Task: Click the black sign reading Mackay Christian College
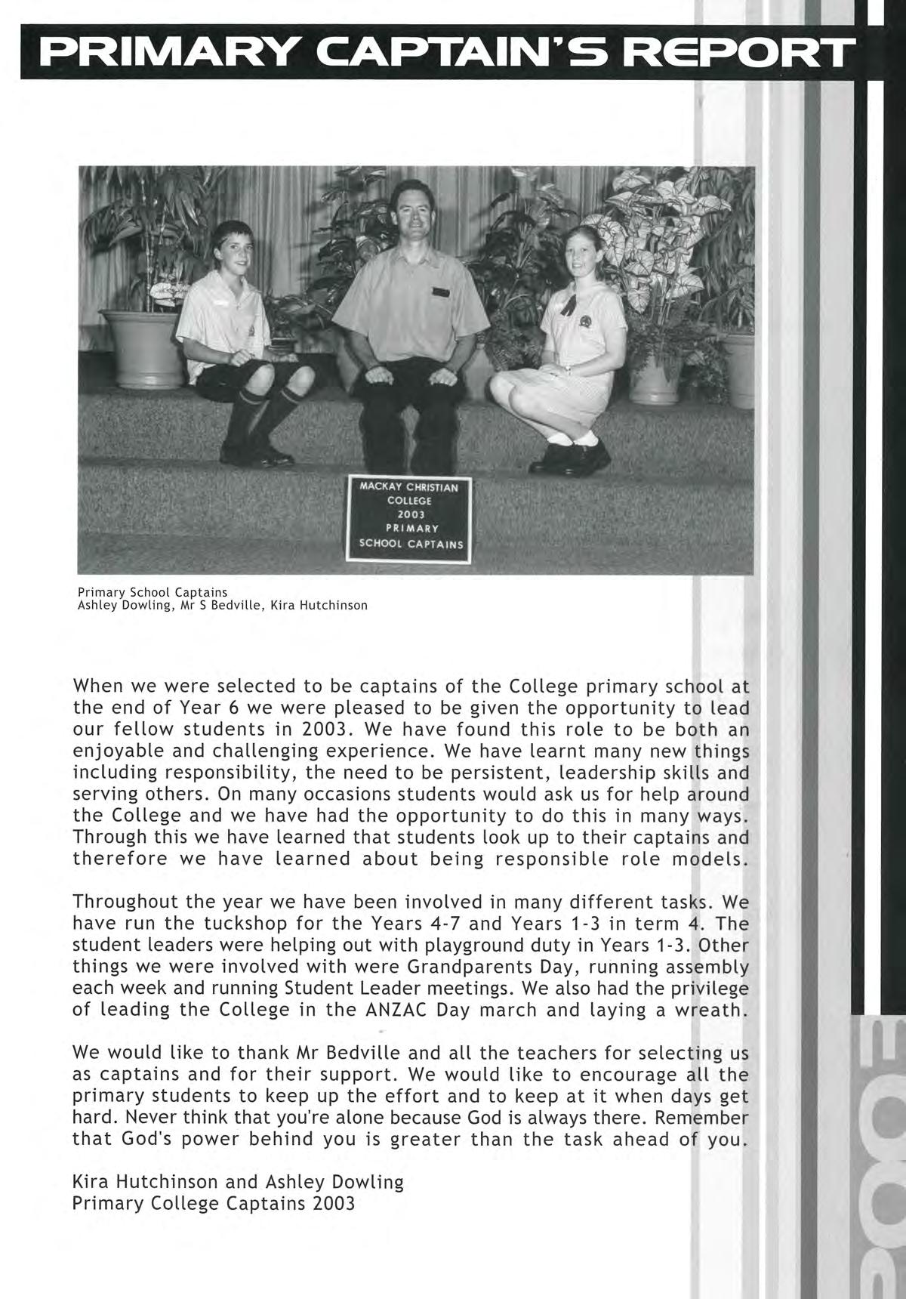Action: (408, 520)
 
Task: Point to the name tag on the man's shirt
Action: (440, 292)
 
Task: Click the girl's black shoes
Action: (577, 455)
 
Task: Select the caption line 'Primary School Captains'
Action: (153, 592)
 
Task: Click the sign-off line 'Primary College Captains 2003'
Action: (213, 1203)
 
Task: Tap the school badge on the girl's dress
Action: (584, 322)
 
